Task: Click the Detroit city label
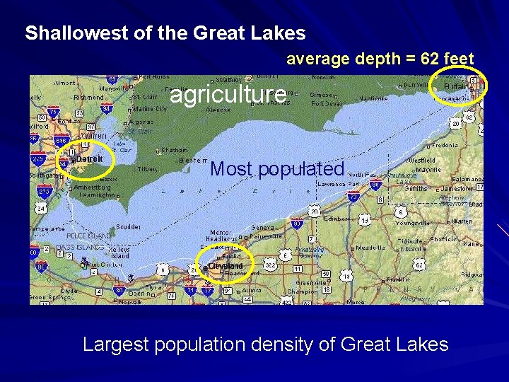point(90,159)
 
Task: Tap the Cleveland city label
point(226,266)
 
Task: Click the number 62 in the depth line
point(430,59)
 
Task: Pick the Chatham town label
point(175,150)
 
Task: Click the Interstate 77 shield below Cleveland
point(208,291)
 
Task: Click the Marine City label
point(151,109)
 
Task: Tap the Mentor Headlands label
point(220,235)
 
